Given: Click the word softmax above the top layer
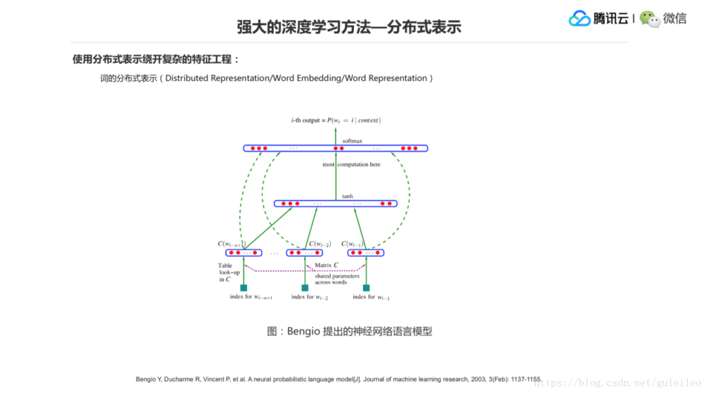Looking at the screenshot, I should [352, 141].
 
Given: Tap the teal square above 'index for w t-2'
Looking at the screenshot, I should [305, 288].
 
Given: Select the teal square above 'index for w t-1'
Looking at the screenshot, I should [366, 288].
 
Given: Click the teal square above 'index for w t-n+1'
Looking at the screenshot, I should [243, 288].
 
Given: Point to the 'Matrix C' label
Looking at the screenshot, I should [326, 265].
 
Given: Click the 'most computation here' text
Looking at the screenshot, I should [351, 165].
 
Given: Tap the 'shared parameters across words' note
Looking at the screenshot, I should [337, 279].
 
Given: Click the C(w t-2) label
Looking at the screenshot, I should [319, 244].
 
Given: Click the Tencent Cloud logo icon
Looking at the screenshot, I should [579, 19].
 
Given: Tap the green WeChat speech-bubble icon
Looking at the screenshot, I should [649, 19].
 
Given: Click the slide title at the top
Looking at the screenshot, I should [348, 27].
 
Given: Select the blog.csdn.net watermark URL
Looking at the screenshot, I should [619, 382].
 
